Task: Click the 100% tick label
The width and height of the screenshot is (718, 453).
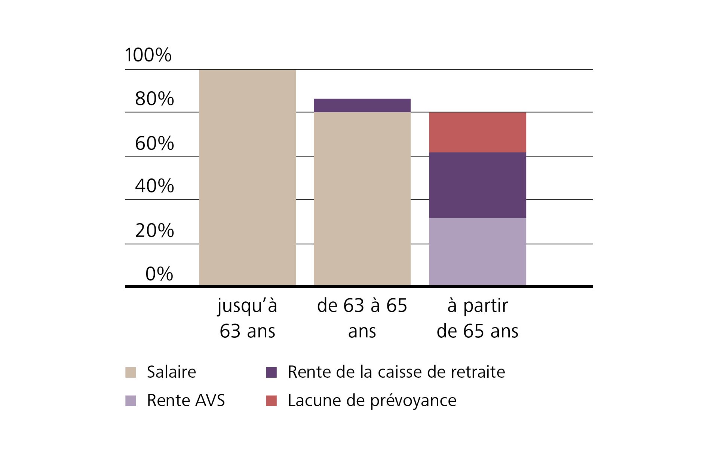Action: pos(148,55)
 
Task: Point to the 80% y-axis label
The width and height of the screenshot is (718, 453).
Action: pos(154,99)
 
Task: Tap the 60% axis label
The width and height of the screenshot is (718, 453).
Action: pos(154,143)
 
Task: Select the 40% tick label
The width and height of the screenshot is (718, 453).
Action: pos(154,186)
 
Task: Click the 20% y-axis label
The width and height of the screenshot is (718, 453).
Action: pos(154,230)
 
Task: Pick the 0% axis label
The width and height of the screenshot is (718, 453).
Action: pos(159,274)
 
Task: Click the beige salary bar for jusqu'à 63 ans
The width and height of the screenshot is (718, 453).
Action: pos(247,178)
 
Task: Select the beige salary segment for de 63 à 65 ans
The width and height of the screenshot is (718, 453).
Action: pos(362,198)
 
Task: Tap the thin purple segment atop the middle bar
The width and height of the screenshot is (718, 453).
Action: pos(362,105)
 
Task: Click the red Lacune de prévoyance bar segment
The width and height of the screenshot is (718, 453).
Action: pos(477,132)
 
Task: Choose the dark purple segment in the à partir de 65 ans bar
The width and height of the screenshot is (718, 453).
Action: pos(477,185)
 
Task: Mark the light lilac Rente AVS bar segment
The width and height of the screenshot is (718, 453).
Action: pos(477,252)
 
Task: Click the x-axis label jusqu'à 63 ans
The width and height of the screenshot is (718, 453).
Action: pos(247,318)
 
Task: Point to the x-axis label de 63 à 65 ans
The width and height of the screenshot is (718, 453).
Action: pos(362,318)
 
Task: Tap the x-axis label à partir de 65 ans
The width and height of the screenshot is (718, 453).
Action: pos(477,318)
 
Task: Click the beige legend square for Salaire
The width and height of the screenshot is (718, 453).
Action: pos(131,373)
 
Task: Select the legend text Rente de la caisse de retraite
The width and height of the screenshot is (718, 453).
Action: pos(396,372)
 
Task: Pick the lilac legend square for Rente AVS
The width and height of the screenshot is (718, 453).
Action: pos(131,401)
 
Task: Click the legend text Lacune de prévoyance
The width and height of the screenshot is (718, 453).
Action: pos(372,401)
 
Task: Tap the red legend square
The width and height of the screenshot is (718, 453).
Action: pos(271,401)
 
